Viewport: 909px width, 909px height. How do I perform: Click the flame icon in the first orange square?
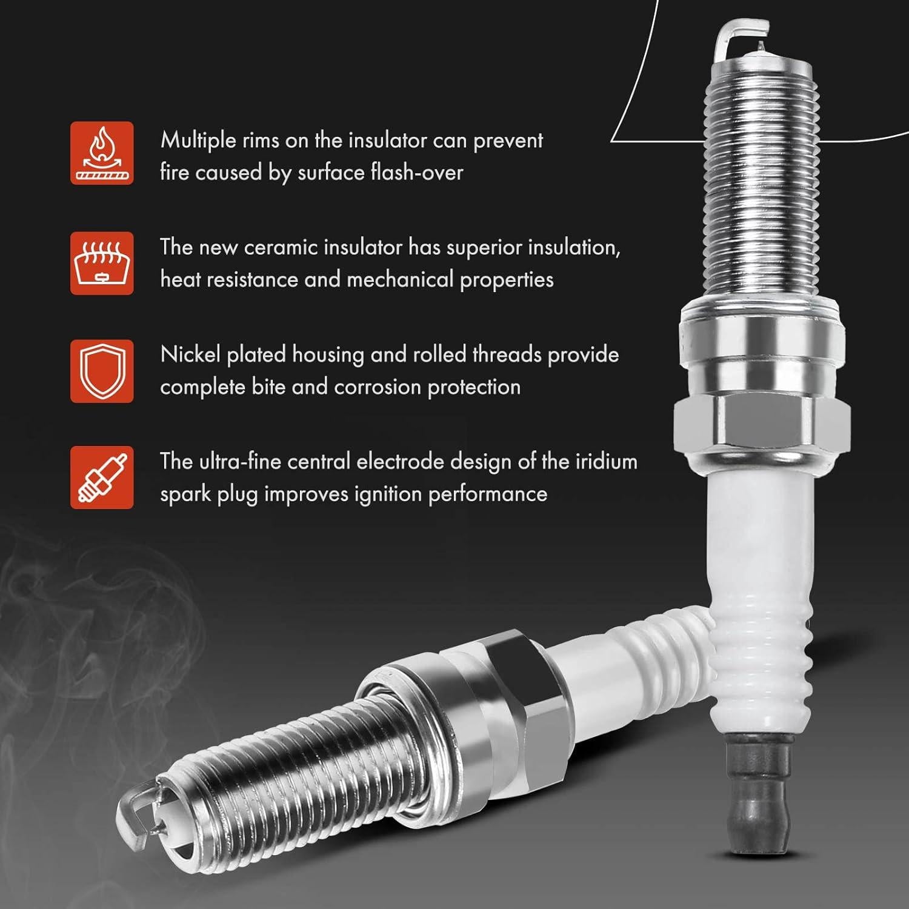pyautogui.click(x=102, y=153)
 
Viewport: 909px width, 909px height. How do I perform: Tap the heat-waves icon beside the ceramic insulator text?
pyautogui.click(x=102, y=263)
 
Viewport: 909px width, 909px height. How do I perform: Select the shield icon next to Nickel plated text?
pyautogui.click(x=102, y=371)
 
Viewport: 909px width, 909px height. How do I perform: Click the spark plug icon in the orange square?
pyautogui.click(x=102, y=478)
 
